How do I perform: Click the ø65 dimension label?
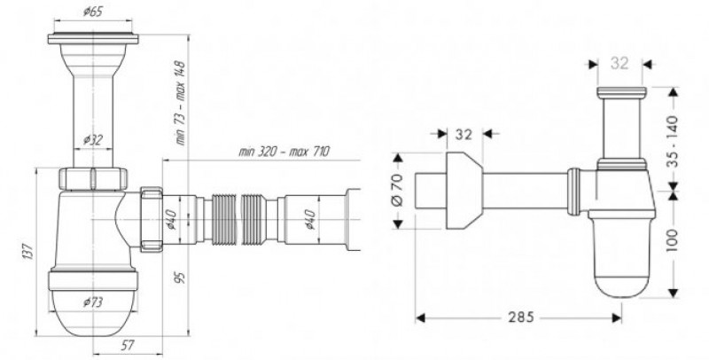93,12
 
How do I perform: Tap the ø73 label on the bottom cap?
93,301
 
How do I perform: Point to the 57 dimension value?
128,346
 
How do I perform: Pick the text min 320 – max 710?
284,151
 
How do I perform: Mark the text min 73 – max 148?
180,103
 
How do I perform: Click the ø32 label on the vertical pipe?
93,141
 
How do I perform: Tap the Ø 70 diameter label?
396,191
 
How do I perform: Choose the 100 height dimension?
673,239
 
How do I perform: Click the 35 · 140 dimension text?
673,142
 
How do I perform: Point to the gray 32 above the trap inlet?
619,63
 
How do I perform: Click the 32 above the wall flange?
464,134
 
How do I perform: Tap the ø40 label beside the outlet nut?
173,219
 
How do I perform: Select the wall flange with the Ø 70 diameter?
464,191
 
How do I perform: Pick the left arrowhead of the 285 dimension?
420,318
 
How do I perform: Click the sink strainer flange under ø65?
93,38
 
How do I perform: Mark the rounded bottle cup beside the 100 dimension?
621,257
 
